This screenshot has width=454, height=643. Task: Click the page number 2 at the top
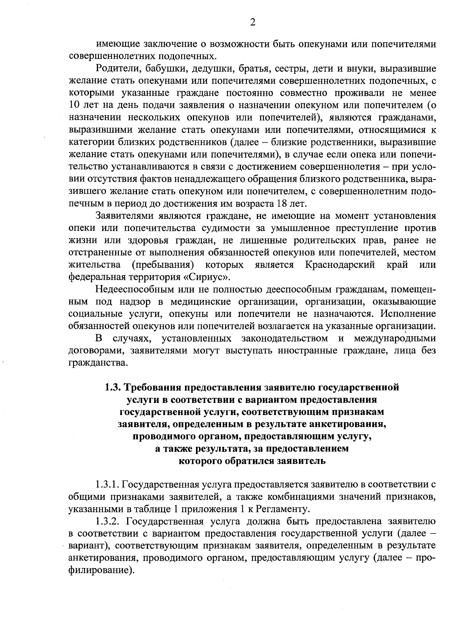coord(253,23)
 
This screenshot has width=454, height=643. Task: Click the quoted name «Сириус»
coord(207,277)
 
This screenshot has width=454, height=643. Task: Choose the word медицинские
coord(201,301)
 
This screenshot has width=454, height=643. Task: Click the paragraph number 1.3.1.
coord(107,484)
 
